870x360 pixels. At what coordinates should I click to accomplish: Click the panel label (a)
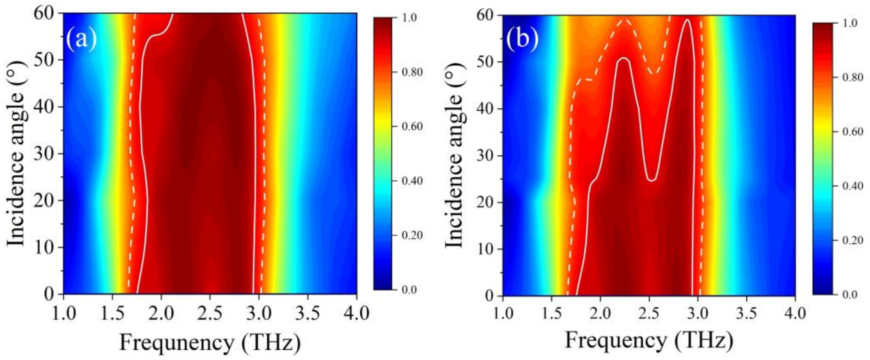[x=81, y=39]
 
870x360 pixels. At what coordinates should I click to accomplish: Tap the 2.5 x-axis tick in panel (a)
[x=210, y=314]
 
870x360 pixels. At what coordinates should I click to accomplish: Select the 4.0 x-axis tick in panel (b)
[x=795, y=314]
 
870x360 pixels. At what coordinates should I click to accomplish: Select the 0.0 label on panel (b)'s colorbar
[x=849, y=295]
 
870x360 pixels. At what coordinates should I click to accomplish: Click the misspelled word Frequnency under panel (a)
[x=176, y=343]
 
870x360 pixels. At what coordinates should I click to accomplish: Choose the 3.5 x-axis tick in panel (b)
[x=746, y=314]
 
